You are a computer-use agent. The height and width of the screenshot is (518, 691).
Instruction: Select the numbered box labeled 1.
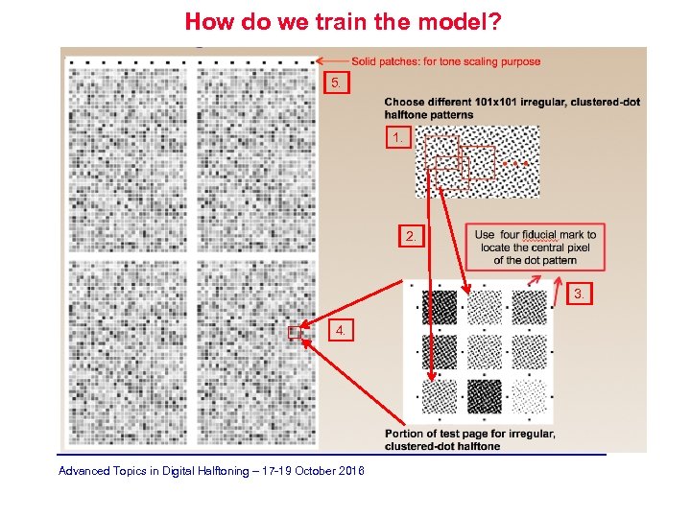tap(398, 137)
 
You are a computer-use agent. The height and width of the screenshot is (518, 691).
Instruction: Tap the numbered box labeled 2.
tap(412, 236)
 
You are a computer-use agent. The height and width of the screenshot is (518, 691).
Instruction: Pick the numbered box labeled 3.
tap(579, 294)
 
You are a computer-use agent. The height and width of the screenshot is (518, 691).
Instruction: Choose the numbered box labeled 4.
tap(341, 330)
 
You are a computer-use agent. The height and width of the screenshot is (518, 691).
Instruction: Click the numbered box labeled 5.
tap(337, 82)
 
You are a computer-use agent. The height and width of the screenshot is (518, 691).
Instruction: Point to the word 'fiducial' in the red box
tap(540, 235)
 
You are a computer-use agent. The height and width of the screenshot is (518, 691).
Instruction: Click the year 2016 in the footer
tap(351, 471)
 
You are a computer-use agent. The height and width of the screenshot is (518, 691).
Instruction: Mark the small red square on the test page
tap(295, 333)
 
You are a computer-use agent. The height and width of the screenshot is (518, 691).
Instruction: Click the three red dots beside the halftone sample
tap(515, 163)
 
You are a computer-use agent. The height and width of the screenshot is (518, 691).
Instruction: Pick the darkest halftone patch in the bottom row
tap(485, 396)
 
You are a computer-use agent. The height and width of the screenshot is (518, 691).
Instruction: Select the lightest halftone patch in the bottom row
tap(529, 396)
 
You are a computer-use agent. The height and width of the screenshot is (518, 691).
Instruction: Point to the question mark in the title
tap(495, 21)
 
